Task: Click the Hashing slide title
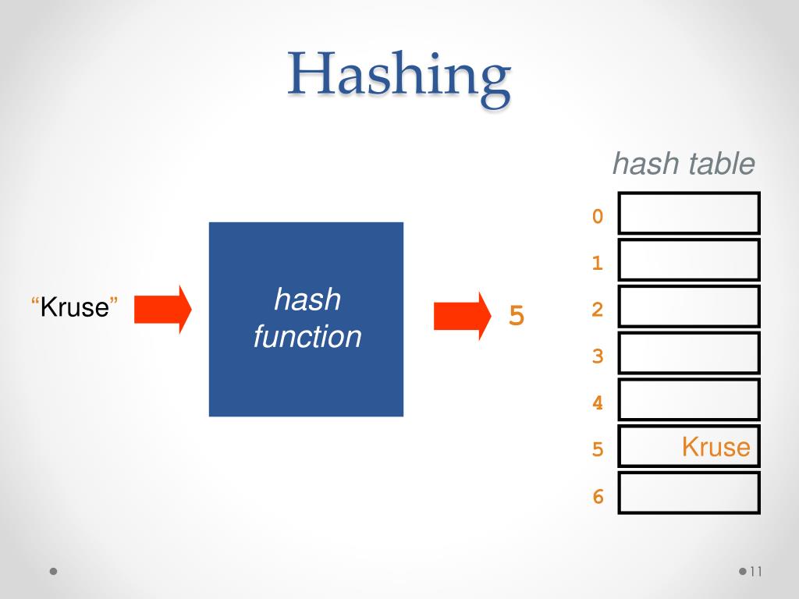coord(399,81)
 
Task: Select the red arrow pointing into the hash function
coord(162,310)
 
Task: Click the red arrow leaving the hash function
coord(461,315)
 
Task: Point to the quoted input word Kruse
coord(74,307)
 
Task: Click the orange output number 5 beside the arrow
coord(516,317)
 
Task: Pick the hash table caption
coord(684,165)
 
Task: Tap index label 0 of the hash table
coord(598,217)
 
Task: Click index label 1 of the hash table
coord(598,264)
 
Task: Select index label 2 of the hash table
coord(598,310)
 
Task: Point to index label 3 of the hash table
coord(598,356)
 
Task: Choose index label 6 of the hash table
coord(598,496)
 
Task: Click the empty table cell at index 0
coord(689,213)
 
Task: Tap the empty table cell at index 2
coord(689,307)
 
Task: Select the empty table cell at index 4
coord(689,399)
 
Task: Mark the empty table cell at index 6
coord(689,492)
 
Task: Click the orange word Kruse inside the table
coord(716,448)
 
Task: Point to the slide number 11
coord(754,572)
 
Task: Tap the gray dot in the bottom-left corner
coord(53,571)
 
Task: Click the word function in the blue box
coord(307,337)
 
